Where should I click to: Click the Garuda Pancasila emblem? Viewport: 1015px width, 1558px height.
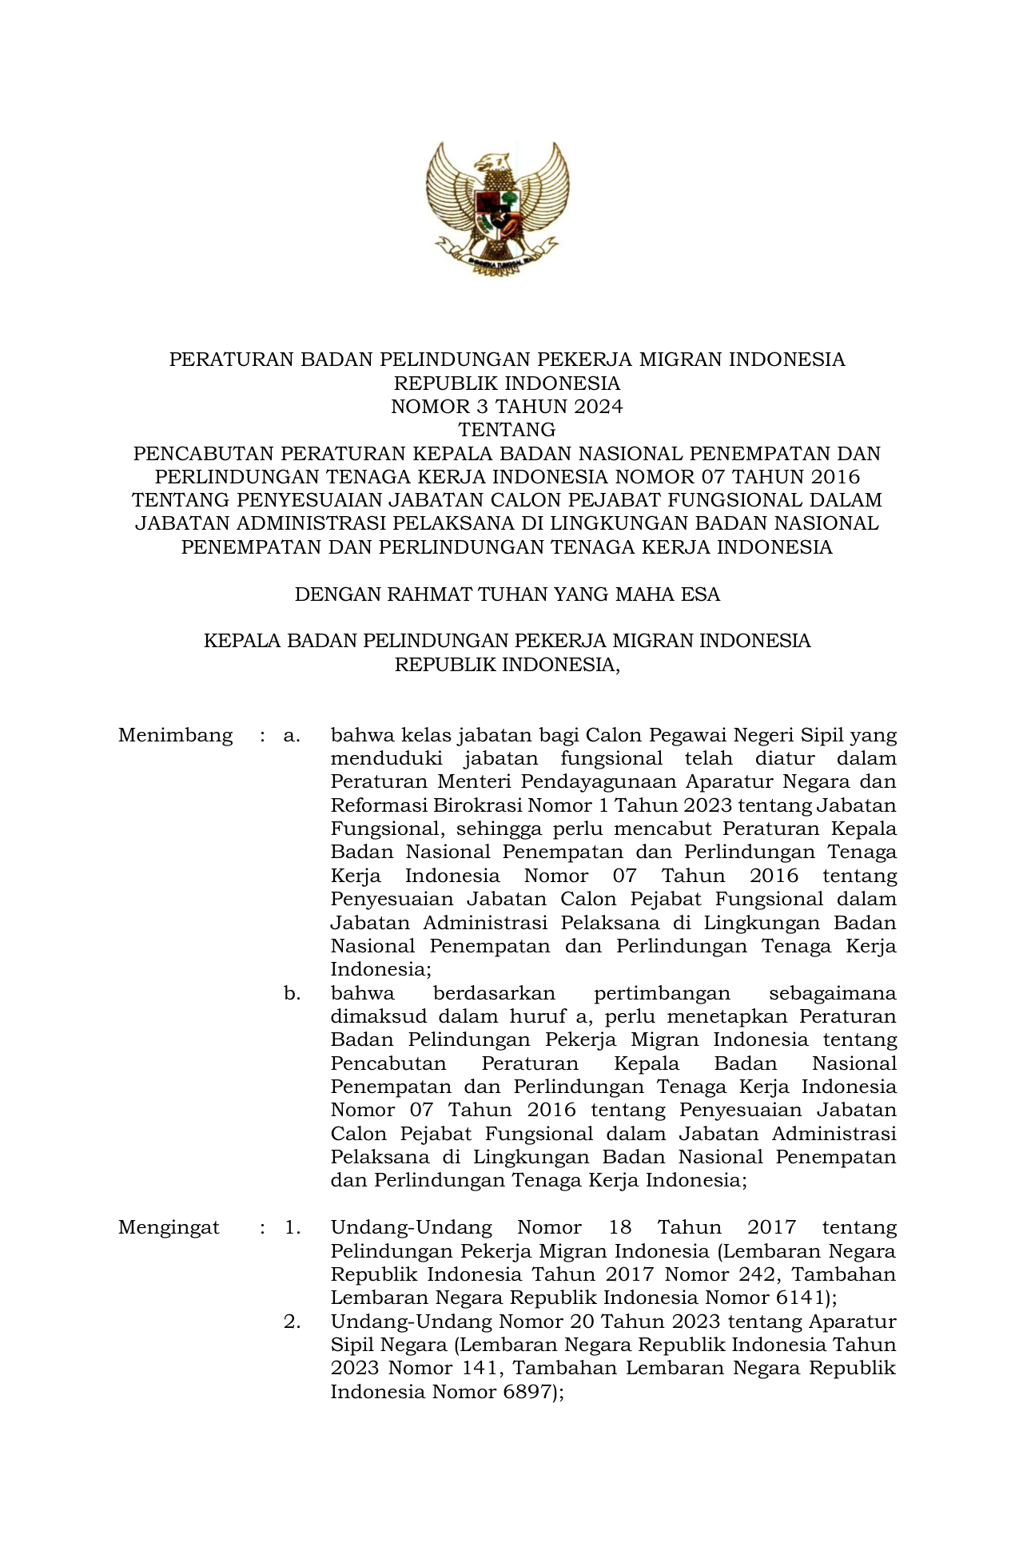[x=497, y=209]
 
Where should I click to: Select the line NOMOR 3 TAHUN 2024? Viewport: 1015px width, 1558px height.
[x=507, y=407]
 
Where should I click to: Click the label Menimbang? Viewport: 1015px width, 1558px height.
[x=176, y=735]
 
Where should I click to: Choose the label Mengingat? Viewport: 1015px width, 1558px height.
[x=169, y=1228]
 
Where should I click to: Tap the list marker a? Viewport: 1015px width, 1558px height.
[x=292, y=735]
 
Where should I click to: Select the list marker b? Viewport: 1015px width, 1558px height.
[x=292, y=994]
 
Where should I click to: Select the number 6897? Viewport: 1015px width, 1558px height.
[x=519, y=1393]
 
